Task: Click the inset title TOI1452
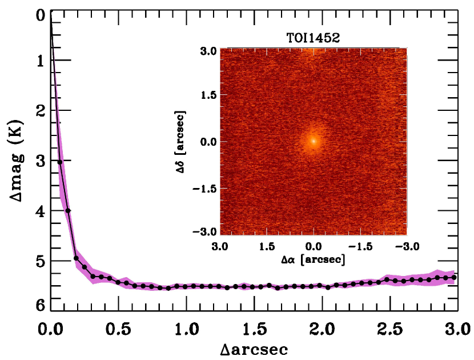[313, 40]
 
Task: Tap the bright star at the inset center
[313, 141]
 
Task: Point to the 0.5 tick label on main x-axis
[118, 329]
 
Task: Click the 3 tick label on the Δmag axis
[39, 161]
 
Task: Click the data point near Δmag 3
[59, 162]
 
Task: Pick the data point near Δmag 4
[68, 210]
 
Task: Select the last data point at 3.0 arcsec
[454, 277]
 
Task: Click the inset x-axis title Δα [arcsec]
[313, 260]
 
